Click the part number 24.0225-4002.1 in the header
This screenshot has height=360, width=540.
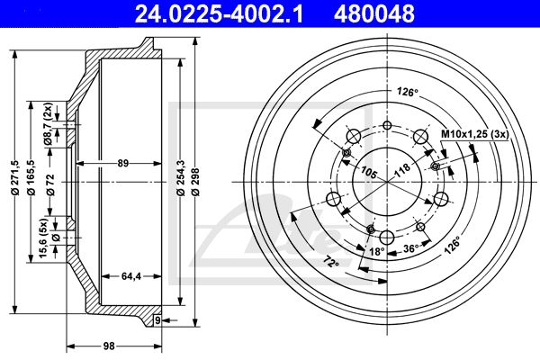[219, 13]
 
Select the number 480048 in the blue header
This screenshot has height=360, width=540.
[374, 13]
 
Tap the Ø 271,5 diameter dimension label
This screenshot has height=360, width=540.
[14, 178]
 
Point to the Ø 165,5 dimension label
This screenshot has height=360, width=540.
[31, 178]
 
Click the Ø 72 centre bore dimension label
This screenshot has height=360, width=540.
[50, 185]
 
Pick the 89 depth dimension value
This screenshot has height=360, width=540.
[122, 163]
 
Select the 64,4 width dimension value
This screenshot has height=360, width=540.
[131, 276]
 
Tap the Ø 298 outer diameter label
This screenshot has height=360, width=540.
[196, 182]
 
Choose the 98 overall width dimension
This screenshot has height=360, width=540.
[109, 346]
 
